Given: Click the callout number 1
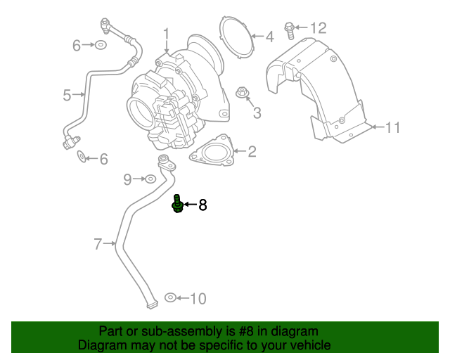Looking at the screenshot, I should coord(167,32).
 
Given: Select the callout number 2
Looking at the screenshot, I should coord(252,150).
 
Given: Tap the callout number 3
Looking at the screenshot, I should coord(257,112).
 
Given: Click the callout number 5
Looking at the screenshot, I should coord(67,94).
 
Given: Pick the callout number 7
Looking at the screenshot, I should coord(98,244).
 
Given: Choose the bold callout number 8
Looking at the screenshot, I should coord(202,205).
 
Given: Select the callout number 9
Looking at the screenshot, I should coord(127,179).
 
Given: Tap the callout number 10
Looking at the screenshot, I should coord(198,299).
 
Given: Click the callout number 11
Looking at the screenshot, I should coord(392,127).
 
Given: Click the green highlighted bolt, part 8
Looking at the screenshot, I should coord(178,205).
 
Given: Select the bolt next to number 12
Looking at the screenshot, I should coord(289,29).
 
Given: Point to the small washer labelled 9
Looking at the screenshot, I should coord(150,179).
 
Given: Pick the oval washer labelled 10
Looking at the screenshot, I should coord(169,298).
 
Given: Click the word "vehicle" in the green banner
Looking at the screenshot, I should coord(310,345).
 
